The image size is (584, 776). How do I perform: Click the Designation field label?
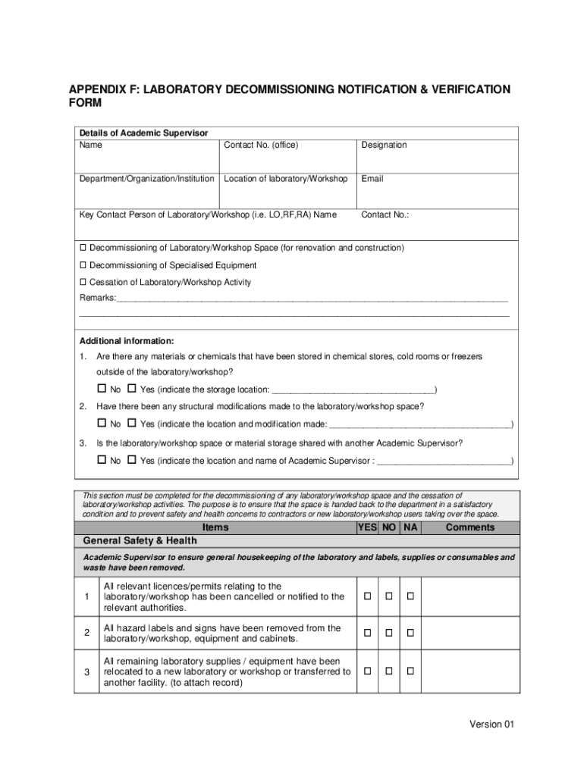pos(384,145)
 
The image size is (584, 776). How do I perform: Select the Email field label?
pos(372,179)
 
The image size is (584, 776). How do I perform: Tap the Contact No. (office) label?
pos(261,145)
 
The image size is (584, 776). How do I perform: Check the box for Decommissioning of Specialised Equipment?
pos(83,265)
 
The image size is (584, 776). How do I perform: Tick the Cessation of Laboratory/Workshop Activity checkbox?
pos(83,282)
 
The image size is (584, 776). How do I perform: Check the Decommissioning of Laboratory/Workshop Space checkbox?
pos(83,248)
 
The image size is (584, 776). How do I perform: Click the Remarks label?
pos(98,299)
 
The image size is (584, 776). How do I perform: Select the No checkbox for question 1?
pos(101,389)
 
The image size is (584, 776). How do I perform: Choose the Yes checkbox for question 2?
pos(131,423)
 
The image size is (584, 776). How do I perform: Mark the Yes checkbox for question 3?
pos(131,460)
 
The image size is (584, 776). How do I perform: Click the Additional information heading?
pos(127,340)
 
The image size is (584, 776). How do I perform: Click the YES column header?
pos(367,527)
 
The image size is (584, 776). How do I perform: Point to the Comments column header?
pos(469,527)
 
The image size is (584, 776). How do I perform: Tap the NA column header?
pos(410,527)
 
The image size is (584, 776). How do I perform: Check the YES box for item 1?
pos(367,597)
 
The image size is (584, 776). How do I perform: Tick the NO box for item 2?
pos(388,633)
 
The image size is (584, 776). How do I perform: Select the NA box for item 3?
pos(410,671)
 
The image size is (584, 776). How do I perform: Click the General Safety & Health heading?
pos(139,541)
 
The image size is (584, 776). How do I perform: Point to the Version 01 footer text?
pos(491,724)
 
